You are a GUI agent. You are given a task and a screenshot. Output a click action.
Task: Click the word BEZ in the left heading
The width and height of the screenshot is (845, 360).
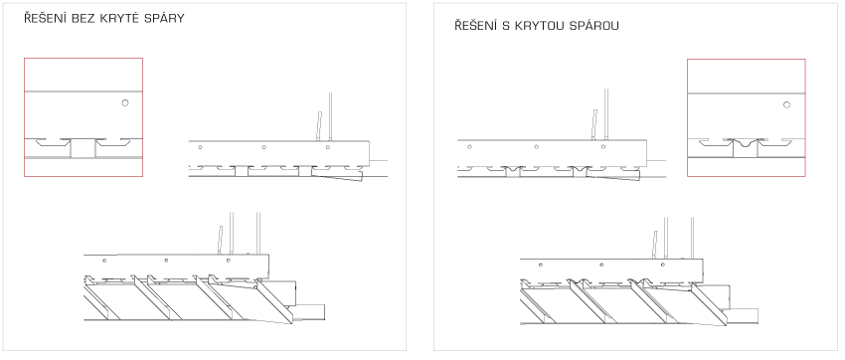[x=81, y=18]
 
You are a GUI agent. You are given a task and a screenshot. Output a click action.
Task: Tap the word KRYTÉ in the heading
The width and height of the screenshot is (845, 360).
[x=117, y=18]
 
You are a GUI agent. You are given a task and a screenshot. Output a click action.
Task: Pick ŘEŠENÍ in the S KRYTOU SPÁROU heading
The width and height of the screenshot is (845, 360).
[x=474, y=25]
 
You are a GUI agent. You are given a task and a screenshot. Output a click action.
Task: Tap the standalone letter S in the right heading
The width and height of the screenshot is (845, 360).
[x=505, y=26]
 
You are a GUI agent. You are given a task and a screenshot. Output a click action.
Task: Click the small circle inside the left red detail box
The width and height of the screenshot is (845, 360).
[x=125, y=103]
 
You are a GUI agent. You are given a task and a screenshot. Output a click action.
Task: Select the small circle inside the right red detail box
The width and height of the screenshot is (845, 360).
[x=786, y=104]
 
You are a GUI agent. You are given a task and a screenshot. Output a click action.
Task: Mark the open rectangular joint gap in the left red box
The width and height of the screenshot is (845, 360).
[x=83, y=148]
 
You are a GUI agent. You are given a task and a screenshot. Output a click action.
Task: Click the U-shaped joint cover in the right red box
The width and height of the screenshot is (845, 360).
[x=746, y=143]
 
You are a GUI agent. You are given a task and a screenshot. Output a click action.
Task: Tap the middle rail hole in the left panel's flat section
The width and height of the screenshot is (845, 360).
[x=263, y=147]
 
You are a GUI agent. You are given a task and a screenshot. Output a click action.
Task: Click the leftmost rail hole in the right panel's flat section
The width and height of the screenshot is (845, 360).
[x=469, y=146]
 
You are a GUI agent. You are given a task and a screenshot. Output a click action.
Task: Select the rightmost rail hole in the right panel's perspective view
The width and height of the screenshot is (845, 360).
[x=663, y=265]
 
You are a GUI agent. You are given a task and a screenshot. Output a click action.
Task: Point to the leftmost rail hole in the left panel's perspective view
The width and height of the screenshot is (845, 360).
[x=104, y=261]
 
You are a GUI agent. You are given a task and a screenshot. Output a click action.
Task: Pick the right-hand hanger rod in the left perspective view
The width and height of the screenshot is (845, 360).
[x=258, y=233]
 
